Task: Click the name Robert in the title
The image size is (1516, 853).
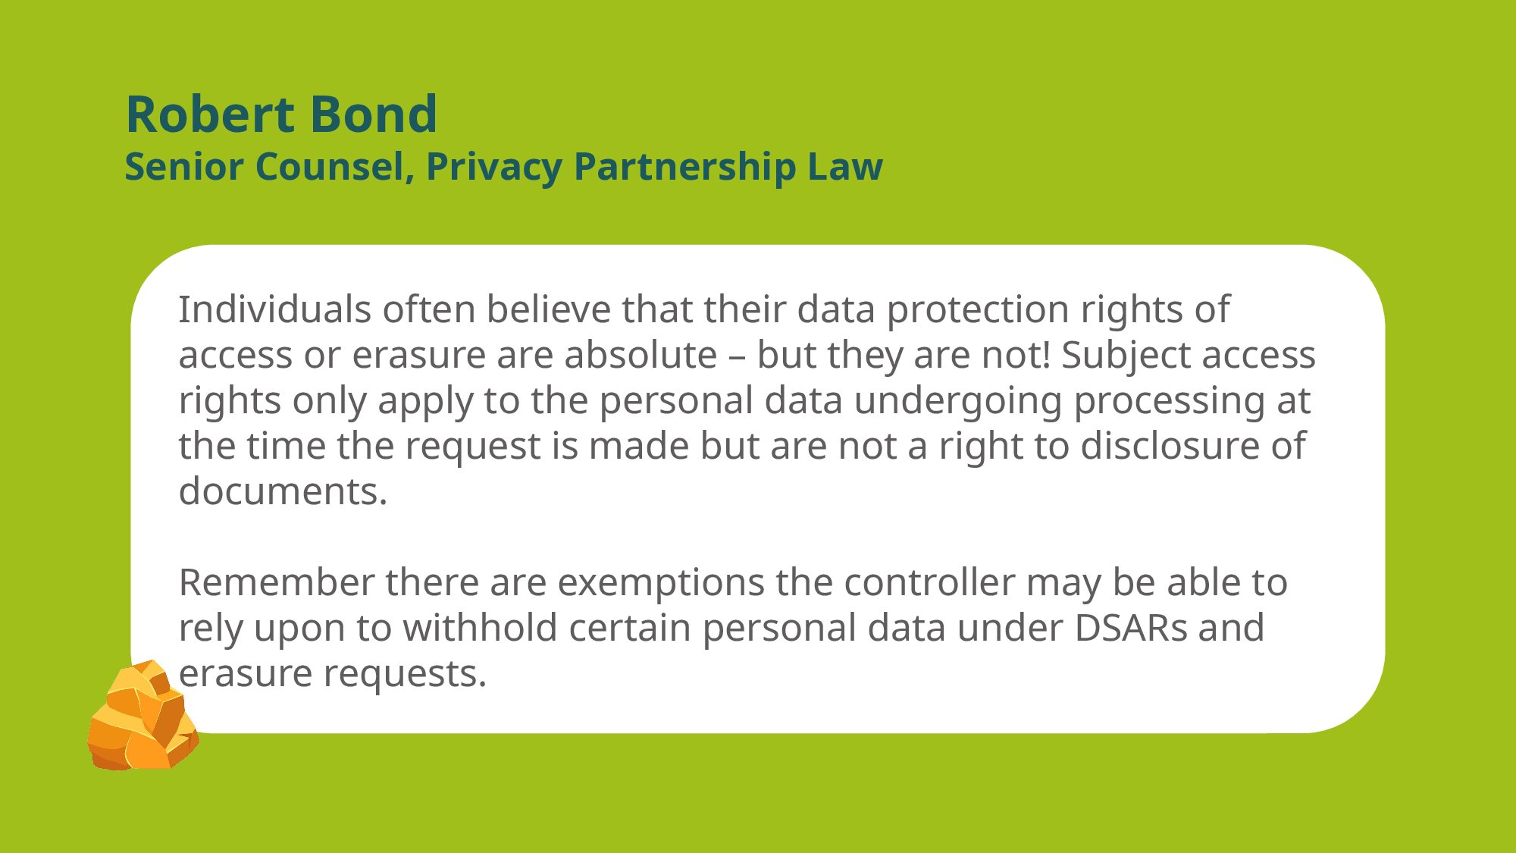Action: tap(210, 114)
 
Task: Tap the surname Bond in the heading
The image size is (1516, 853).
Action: tap(374, 114)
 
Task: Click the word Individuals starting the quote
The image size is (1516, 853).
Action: tap(275, 309)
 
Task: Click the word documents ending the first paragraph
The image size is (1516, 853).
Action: tap(283, 491)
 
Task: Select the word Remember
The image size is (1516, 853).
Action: tap(277, 582)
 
